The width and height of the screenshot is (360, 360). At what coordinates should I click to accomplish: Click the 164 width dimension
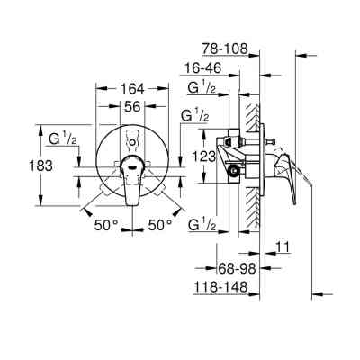[x=132, y=89]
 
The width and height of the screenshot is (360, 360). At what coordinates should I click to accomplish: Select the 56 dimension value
[x=132, y=105]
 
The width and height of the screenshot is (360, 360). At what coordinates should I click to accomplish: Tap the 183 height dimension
[x=21, y=166]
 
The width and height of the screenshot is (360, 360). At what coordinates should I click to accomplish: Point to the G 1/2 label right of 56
[x=196, y=116]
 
